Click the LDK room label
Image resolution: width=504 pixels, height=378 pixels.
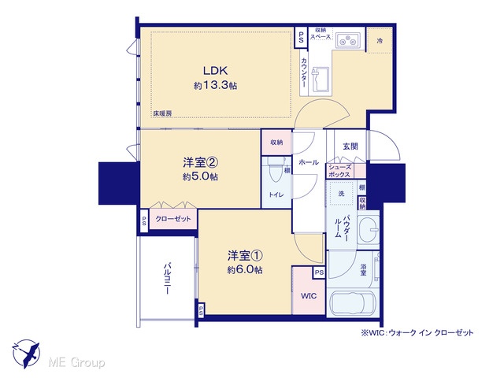(x=215, y=70)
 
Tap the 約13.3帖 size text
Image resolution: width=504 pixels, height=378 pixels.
(x=215, y=86)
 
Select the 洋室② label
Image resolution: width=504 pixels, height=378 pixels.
(x=201, y=163)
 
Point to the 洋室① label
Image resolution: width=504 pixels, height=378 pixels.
(x=245, y=256)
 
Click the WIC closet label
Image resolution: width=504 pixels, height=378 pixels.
(x=309, y=296)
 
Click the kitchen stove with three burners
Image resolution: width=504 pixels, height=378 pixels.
(x=348, y=40)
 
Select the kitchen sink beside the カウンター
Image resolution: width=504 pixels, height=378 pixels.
(x=320, y=80)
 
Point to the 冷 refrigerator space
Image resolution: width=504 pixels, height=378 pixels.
(x=380, y=41)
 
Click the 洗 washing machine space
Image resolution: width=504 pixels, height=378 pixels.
(x=341, y=194)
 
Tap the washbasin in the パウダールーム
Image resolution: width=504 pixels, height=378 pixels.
(x=368, y=229)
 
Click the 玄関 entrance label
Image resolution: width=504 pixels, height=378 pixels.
(x=350, y=146)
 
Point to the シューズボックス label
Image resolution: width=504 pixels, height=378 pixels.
(x=339, y=171)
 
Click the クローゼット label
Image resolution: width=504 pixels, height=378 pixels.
(x=173, y=219)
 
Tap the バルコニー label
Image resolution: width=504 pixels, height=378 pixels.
(x=167, y=279)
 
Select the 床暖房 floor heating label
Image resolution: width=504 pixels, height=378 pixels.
(x=162, y=113)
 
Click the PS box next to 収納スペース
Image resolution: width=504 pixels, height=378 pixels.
(x=301, y=38)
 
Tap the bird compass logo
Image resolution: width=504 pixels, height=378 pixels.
(x=26, y=354)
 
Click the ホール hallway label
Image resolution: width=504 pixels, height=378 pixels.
(x=309, y=162)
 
